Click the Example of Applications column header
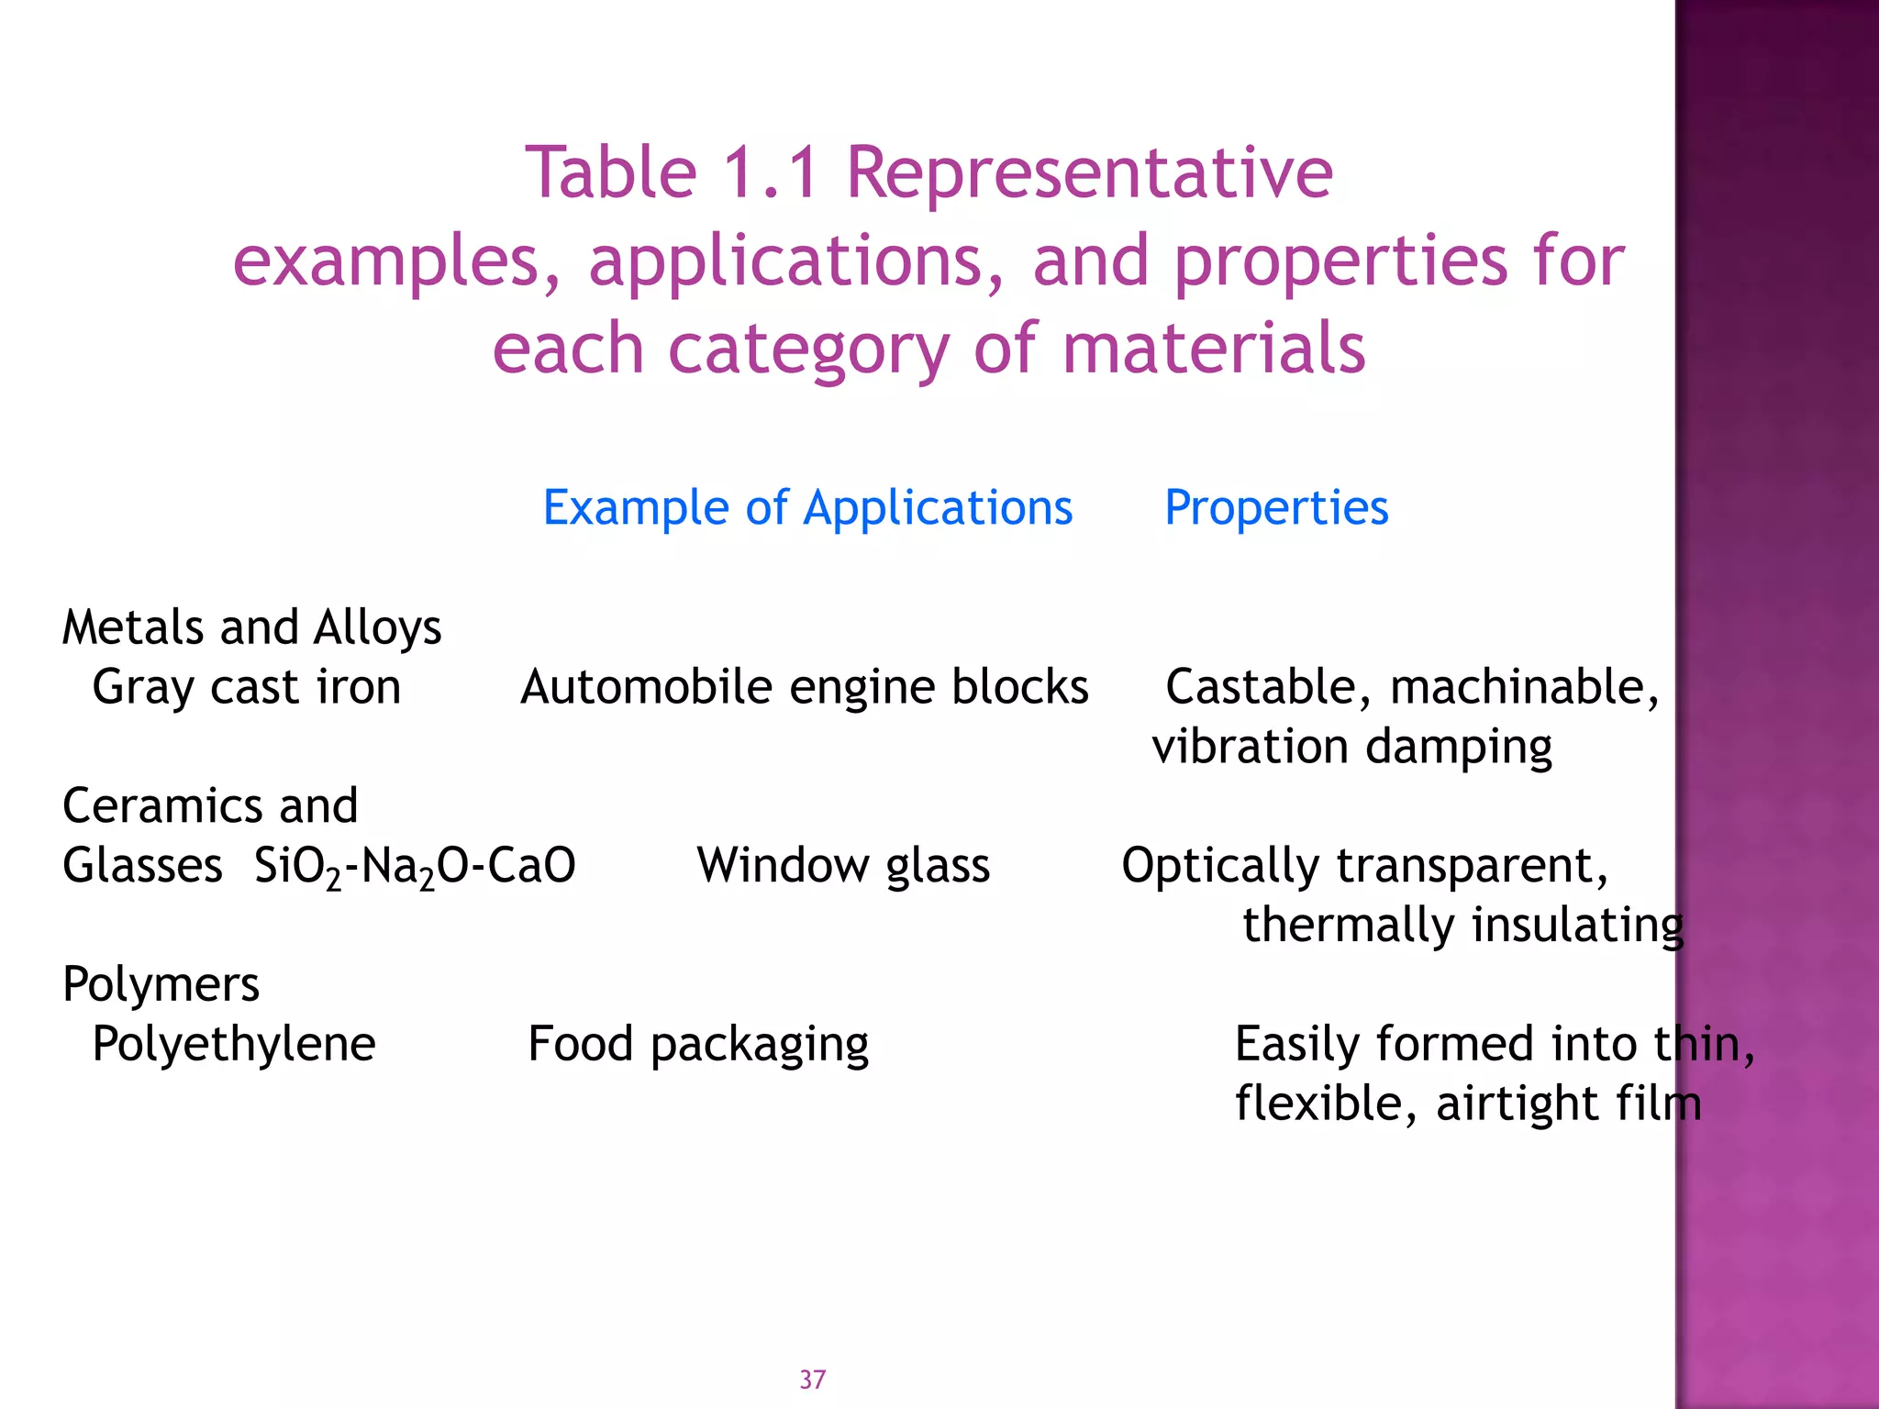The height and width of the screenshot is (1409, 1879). [807, 507]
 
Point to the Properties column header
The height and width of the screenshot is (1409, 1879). [1276, 507]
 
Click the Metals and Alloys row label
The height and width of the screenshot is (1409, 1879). [251, 628]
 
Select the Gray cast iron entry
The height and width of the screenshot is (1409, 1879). [246, 687]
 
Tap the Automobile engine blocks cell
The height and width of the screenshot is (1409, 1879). [804, 687]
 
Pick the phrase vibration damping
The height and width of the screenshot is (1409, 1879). [1351, 747]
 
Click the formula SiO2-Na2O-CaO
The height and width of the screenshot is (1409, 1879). [415, 866]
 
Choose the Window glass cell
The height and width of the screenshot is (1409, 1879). [843, 866]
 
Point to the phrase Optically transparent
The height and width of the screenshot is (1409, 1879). [1364, 866]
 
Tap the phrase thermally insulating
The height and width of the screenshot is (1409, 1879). [1462, 925]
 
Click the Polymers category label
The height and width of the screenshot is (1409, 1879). [161, 985]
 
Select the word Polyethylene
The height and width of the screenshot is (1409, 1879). [234, 1044]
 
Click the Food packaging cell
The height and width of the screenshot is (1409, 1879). [698, 1044]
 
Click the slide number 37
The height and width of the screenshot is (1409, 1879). [812, 1380]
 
